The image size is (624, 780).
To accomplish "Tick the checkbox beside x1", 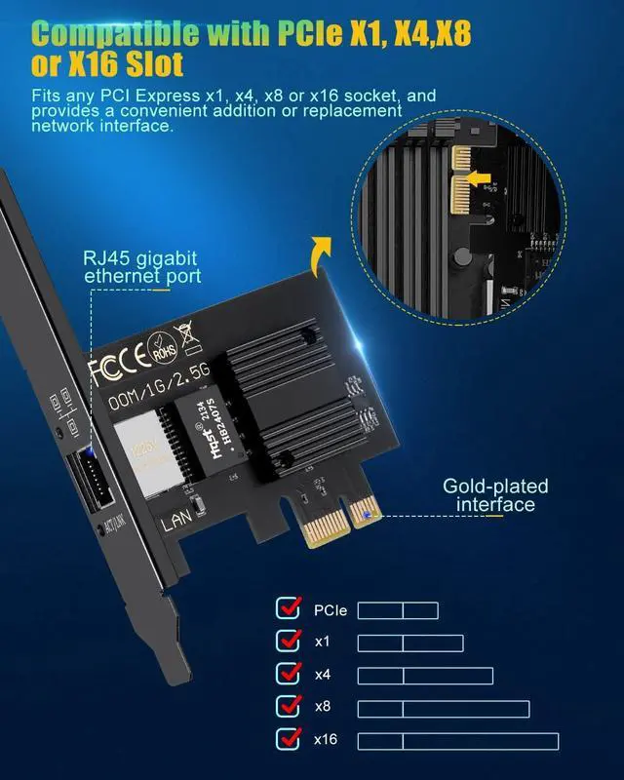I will pyautogui.click(x=289, y=642).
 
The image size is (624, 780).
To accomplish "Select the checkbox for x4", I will pyautogui.click(x=289, y=674).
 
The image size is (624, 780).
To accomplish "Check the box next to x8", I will pyautogui.click(x=289, y=707).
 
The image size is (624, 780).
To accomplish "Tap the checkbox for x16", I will pyautogui.click(x=289, y=739).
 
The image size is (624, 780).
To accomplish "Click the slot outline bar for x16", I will pyautogui.click(x=457, y=741).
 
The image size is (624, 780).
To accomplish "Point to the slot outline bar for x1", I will pyautogui.click(x=409, y=643).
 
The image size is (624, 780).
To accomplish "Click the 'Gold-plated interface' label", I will pyautogui.click(x=495, y=494).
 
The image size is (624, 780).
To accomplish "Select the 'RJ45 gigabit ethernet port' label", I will pyautogui.click(x=142, y=266).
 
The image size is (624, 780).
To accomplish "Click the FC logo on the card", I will pyautogui.click(x=108, y=370).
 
